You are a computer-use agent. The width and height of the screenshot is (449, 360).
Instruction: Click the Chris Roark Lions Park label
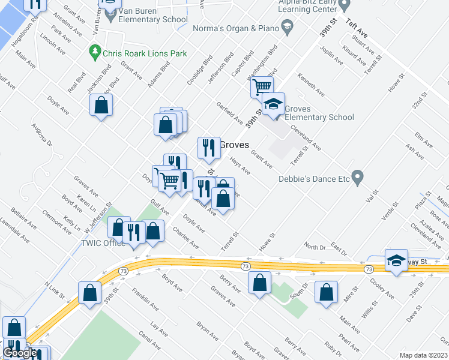coord(145,53)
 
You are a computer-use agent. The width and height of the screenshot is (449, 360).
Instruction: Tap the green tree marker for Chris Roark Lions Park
coord(94,53)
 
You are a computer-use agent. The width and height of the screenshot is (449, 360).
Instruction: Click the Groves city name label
coord(234,145)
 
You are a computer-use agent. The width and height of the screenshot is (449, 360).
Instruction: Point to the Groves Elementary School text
coord(319,113)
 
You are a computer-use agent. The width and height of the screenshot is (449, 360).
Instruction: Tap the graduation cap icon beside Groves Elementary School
coord(274,104)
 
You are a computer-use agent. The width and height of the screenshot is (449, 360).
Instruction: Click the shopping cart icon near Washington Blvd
coord(262,86)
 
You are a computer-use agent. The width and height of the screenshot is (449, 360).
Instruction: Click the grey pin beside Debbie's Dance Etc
coord(358,178)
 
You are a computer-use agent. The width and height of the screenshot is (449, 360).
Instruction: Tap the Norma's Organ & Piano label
coord(236,29)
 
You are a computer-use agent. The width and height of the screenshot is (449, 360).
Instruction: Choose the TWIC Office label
coord(103,243)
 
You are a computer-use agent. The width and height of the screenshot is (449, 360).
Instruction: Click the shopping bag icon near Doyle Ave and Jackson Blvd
coord(101,105)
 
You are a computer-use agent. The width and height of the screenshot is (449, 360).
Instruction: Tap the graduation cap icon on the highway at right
coord(396,260)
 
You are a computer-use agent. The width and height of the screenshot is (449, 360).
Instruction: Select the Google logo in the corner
coord(20,353)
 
